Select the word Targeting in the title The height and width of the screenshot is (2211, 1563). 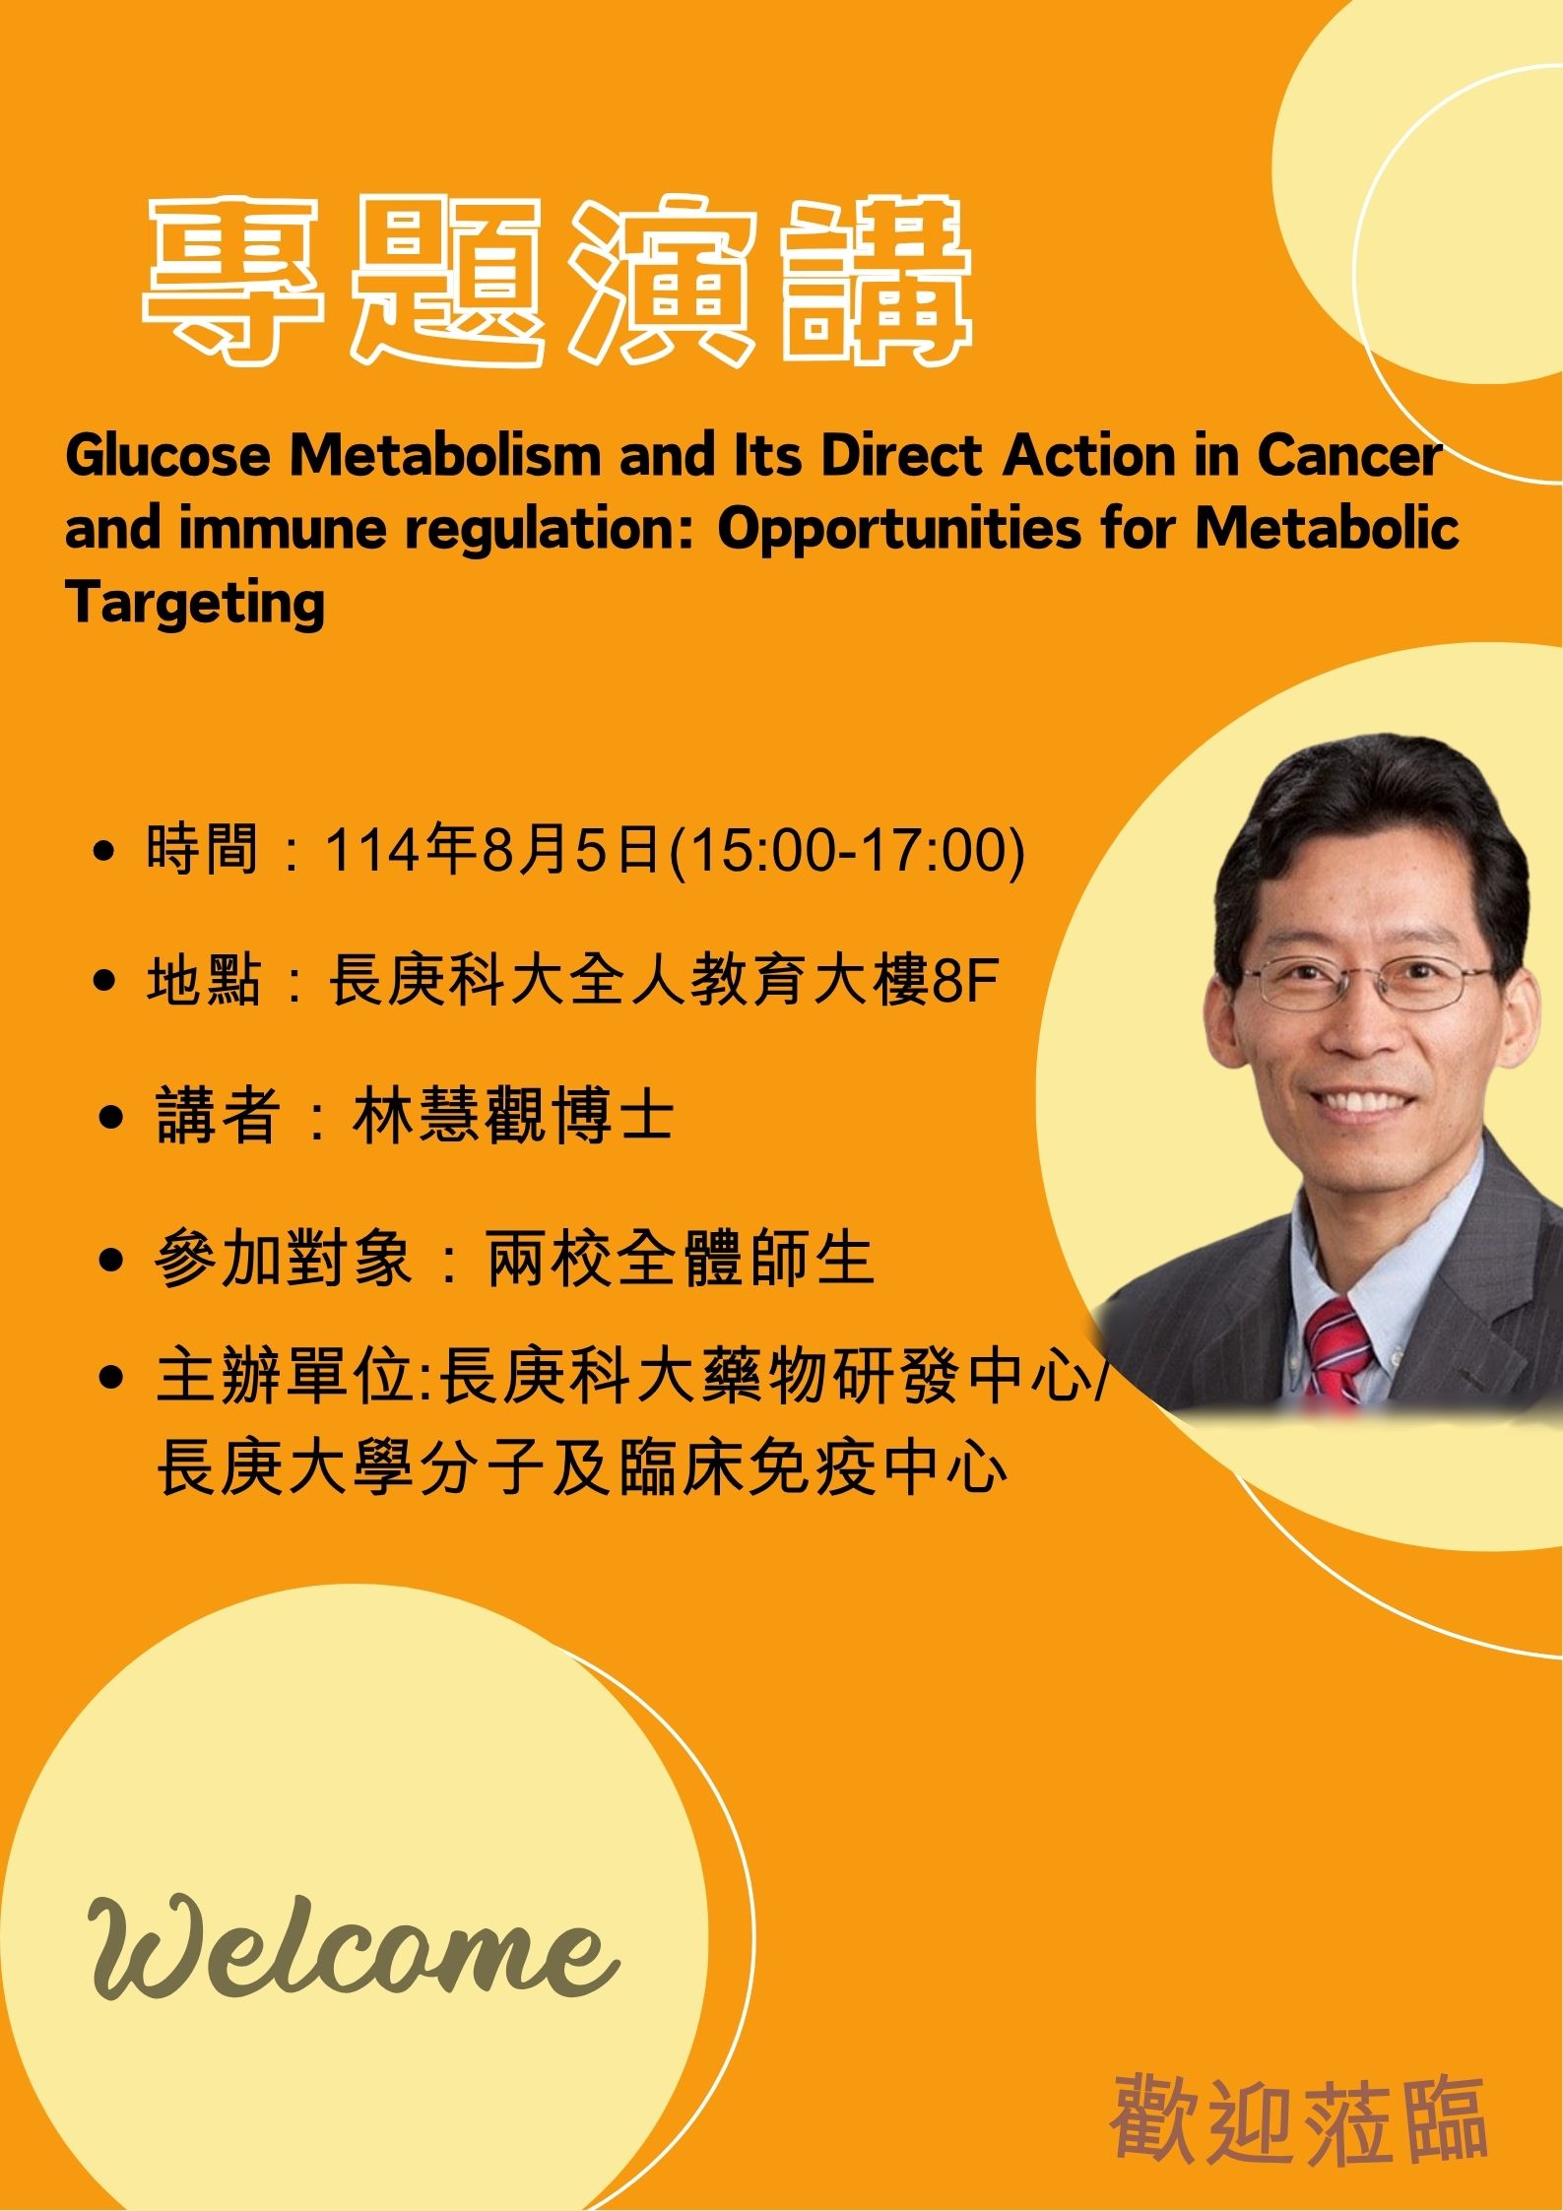click(x=195, y=603)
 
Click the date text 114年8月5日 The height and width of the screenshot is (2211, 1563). click(x=493, y=849)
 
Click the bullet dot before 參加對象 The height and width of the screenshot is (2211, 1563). click(x=112, y=1261)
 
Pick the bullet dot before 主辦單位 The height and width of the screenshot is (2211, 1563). click(x=112, y=1379)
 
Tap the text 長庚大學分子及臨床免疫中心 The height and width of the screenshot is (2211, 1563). click(x=582, y=1469)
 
